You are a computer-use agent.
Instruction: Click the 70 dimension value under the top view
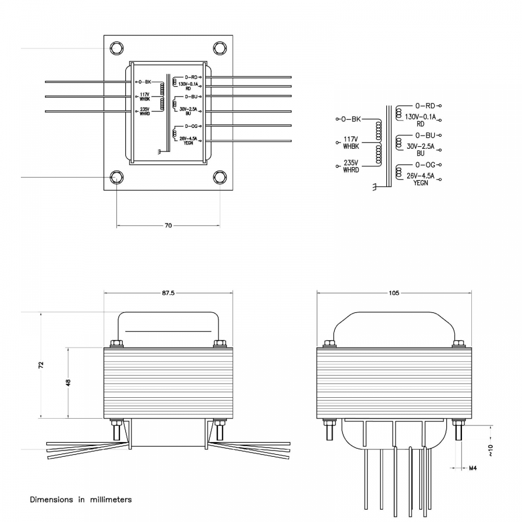168,226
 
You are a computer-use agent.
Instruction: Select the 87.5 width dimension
168,293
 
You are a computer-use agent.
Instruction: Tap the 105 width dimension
394,293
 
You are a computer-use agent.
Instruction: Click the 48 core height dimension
68,382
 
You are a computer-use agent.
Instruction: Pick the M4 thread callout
472,468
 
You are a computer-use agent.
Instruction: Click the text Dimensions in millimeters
81,500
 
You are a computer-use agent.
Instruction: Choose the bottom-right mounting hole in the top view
220,177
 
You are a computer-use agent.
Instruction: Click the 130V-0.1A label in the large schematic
420,117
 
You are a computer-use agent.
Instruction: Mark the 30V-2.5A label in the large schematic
421,147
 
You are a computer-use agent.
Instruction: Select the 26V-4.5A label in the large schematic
421,176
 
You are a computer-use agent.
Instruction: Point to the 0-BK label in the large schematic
351,119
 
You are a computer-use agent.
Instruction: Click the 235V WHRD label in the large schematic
351,167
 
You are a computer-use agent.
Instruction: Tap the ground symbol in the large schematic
374,186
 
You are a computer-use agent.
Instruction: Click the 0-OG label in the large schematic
425,165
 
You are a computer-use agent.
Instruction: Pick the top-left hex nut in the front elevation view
116,343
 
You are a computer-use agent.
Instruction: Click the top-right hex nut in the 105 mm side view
458,343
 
